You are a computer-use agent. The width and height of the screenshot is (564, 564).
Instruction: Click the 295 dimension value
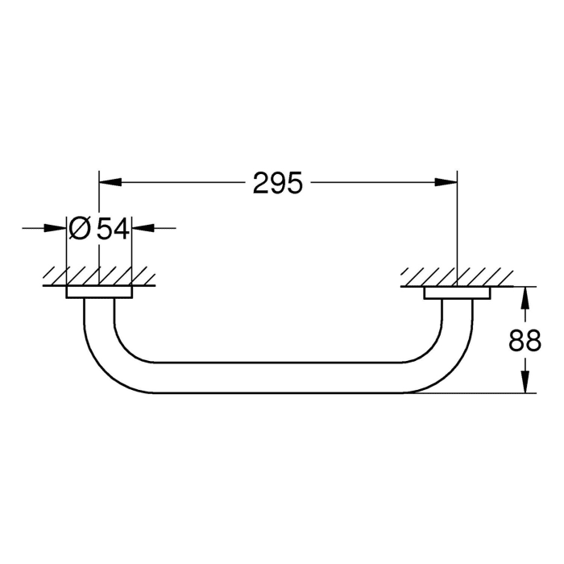[x=277, y=185]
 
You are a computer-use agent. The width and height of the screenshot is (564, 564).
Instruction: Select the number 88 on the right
[x=525, y=341]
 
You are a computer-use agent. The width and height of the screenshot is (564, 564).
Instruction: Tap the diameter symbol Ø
[x=80, y=229]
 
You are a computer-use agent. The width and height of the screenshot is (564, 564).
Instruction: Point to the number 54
[x=113, y=229]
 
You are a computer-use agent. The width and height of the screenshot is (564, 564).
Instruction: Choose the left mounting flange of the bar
[x=99, y=292]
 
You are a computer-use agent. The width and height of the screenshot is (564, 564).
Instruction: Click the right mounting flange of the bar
[x=457, y=292]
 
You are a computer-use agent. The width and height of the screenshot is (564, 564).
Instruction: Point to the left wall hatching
[x=98, y=276]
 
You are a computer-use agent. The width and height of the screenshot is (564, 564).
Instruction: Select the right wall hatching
[x=456, y=276]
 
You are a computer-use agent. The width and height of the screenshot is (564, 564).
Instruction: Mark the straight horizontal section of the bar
[x=278, y=377]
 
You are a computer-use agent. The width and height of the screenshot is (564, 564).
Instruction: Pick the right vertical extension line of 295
[x=457, y=226]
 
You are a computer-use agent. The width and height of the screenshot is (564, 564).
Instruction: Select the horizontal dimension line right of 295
[x=379, y=185]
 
